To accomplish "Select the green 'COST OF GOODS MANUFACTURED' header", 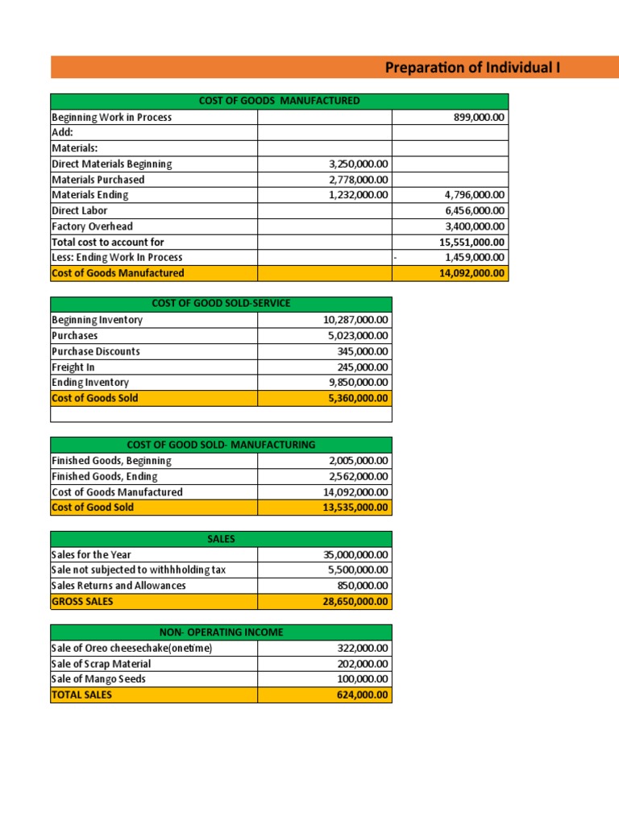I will coord(279,101).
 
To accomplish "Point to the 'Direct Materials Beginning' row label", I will coord(112,164).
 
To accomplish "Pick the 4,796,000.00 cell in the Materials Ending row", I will coord(475,195).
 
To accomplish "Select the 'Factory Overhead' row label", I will coord(92,226).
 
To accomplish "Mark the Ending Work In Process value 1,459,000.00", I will coord(475,257).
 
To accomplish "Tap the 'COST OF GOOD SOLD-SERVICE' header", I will coord(221,304).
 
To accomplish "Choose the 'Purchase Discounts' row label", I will coord(95,351).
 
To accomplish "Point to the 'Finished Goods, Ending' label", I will coord(105,476).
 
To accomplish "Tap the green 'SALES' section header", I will coord(221,539).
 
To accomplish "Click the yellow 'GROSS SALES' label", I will coord(82,602).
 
